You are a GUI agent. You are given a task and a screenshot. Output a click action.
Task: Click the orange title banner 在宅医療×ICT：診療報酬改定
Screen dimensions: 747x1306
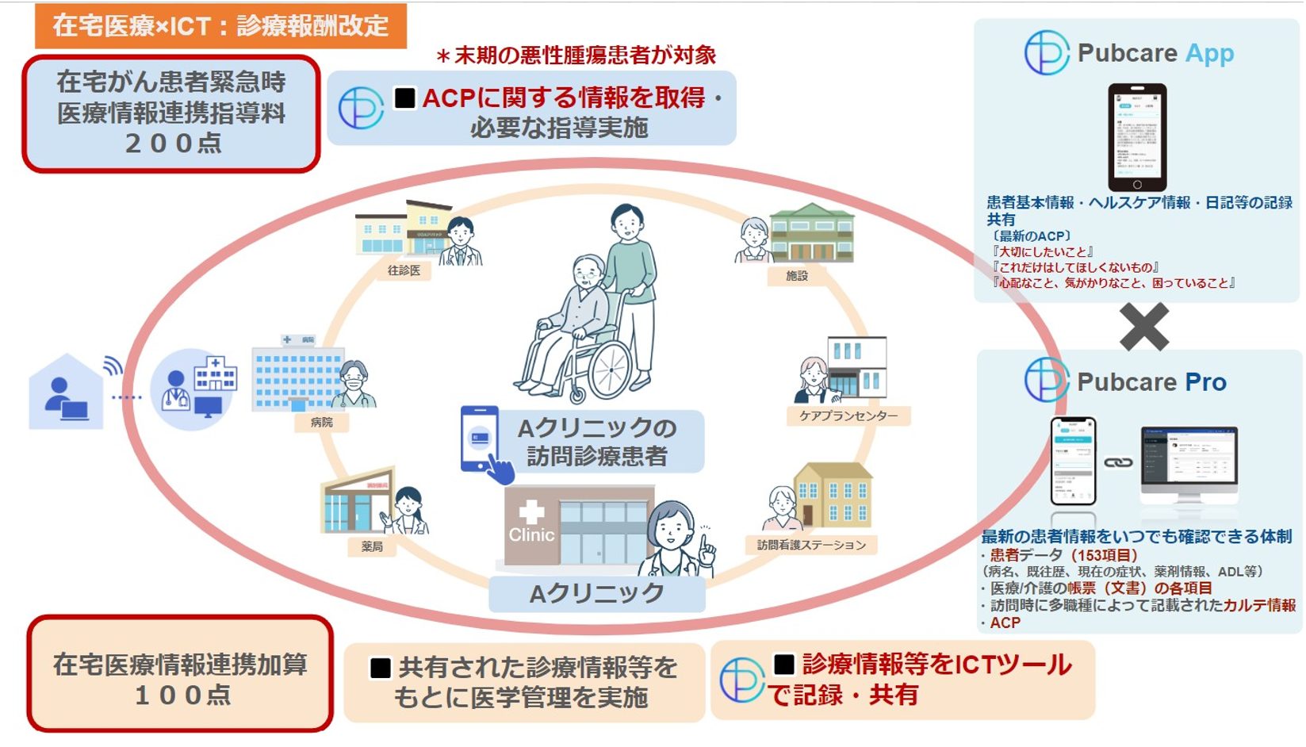[x=220, y=26]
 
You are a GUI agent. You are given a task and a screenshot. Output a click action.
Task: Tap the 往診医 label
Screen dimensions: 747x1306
[x=404, y=270]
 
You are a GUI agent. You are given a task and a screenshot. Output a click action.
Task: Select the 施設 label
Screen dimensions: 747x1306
[x=796, y=275]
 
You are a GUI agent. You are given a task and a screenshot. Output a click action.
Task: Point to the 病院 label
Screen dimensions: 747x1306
[x=321, y=422]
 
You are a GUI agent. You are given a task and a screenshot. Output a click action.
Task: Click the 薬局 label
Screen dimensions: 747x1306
[x=371, y=546]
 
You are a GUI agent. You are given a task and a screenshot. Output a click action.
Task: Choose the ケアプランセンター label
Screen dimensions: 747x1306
[x=848, y=416]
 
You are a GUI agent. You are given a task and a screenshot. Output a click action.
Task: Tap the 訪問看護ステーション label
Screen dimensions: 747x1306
[x=810, y=545]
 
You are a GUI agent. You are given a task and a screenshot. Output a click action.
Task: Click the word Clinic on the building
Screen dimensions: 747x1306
[x=530, y=534]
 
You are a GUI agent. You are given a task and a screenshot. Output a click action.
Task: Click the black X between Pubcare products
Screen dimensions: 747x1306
[x=1143, y=326]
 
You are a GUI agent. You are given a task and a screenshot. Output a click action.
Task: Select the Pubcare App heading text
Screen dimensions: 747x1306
[x=1155, y=53]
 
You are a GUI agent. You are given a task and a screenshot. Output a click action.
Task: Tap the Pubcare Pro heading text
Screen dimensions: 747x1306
[x=1151, y=382]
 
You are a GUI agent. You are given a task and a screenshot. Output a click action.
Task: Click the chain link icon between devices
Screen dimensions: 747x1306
[x=1118, y=462]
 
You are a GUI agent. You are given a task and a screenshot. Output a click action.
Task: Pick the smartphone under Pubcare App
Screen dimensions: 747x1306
[x=1136, y=136]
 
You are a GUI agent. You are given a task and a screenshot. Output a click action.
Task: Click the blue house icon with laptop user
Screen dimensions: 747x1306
[x=66, y=393]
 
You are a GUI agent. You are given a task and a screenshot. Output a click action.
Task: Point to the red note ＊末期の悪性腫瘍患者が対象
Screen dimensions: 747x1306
[x=576, y=55]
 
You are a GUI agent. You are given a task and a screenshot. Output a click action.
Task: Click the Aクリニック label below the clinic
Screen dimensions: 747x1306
[x=596, y=593]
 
